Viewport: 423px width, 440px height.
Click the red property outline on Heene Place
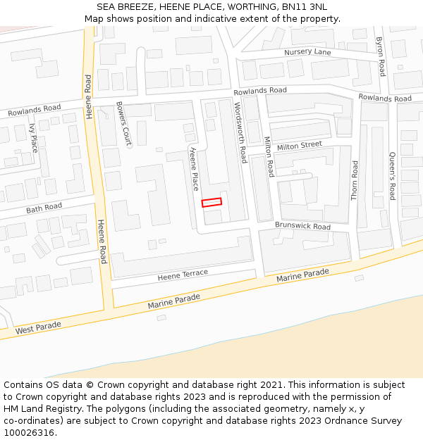(x=211, y=202)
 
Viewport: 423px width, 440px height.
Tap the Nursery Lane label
(x=307, y=53)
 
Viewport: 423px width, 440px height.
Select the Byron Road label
(x=380, y=56)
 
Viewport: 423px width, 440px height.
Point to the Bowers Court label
(x=123, y=124)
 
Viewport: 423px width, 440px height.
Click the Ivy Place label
(x=32, y=138)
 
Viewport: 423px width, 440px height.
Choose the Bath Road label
(x=44, y=208)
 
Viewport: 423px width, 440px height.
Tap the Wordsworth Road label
(x=239, y=132)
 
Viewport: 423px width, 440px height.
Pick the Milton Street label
(x=299, y=146)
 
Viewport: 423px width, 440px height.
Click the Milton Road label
(x=269, y=156)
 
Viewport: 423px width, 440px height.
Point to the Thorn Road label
(x=355, y=180)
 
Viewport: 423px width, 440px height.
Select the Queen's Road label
(x=393, y=177)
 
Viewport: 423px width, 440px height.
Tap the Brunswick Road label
(x=302, y=227)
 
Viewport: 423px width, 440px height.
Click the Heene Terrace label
(x=183, y=274)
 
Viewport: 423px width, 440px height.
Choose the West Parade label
(x=38, y=327)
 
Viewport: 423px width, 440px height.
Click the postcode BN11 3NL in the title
(x=304, y=7)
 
